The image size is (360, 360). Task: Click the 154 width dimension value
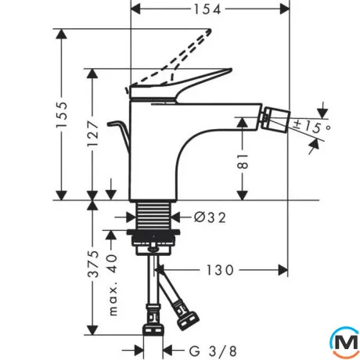tap(207, 9)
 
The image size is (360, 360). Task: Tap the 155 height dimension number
tap(62, 114)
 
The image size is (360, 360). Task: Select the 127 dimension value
tap(93, 133)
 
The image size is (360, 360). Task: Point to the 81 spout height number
tap(243, 161)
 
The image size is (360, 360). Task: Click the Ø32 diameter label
tap(210, 217)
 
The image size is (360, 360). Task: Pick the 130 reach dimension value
tap(220, 270)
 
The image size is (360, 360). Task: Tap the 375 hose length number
tap(93, 264)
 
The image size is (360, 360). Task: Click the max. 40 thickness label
tap(113, 285)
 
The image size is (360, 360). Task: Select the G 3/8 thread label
tap(213, 351)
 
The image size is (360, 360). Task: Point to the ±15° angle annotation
tap(312, 127)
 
